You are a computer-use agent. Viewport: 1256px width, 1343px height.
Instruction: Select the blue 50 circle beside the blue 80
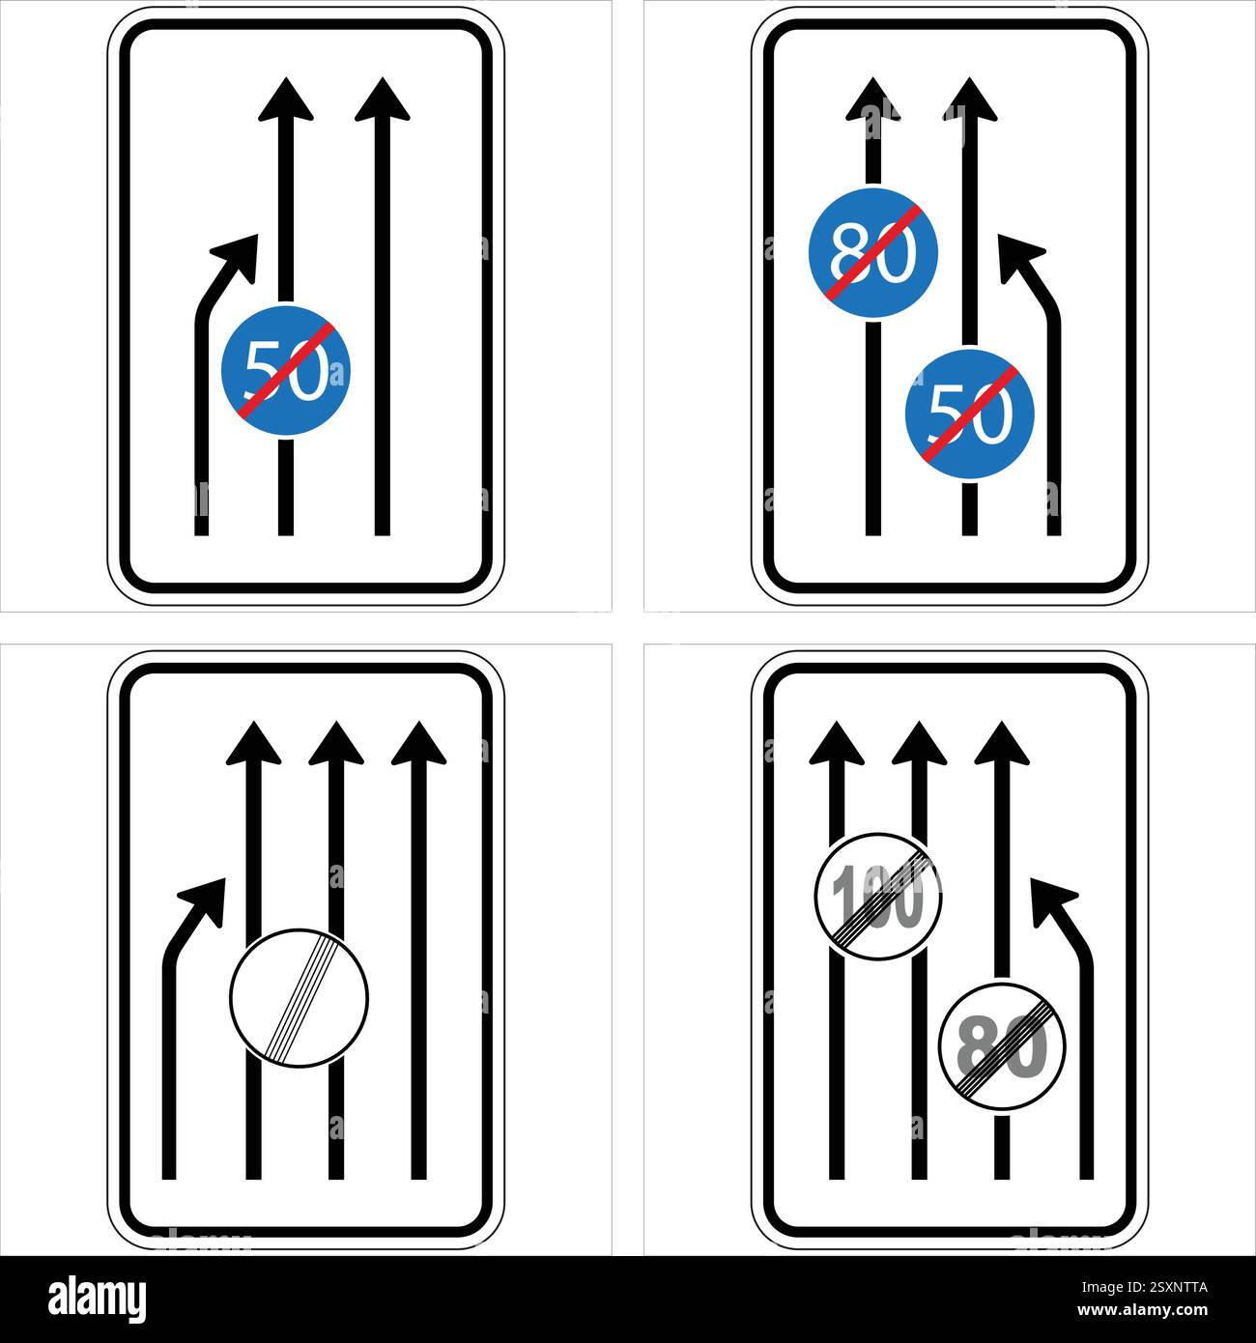pos(969,413)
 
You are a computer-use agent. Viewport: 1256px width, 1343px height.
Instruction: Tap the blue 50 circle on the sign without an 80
pos(286,370)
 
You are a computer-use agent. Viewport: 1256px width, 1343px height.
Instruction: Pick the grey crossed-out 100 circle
pos(878,897)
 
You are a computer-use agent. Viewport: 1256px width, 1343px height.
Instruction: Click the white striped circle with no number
pos(300,998)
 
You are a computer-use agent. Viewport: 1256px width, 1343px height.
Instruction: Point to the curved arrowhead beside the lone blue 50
pos(240,255)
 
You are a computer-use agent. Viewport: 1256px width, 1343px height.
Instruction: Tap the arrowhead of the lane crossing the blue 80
pos(872,100)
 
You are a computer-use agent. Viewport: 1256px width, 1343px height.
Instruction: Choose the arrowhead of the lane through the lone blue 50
pos(286,101)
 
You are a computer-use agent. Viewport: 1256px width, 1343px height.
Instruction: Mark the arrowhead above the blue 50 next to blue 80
pos(969,100)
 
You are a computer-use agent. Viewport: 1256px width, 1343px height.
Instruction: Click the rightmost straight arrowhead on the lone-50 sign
pos(383,101)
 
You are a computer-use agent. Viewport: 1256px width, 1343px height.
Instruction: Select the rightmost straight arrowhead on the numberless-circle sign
pos(418,744)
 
